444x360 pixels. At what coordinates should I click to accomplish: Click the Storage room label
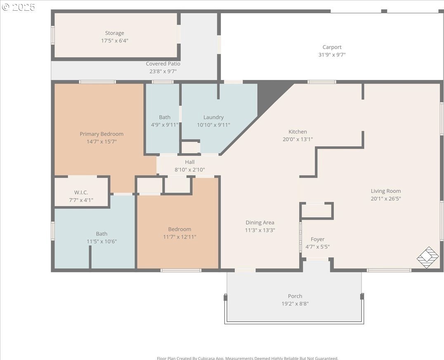click(114, 33)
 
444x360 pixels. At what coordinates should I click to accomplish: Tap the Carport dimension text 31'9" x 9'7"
click(332, 54)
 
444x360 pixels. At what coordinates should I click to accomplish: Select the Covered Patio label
click(163, 64)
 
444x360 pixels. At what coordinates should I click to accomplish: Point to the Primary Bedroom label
click(102, 134)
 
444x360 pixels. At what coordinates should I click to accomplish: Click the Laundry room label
click(213, 117)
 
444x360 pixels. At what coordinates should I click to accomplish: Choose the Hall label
click(190, 162)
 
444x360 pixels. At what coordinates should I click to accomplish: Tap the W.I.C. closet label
click(81, 193)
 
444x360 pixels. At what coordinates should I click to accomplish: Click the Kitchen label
click(298, 132)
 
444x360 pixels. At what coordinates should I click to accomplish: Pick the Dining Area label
click(260, 222)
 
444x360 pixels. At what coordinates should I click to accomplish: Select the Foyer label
click(317, 240)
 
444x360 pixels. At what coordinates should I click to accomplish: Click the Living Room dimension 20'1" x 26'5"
click(386, 198)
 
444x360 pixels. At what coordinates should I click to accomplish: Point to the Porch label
click(295, 296)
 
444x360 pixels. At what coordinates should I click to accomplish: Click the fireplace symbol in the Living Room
click(427, 257)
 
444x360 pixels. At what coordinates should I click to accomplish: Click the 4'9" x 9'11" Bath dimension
click(165, 125)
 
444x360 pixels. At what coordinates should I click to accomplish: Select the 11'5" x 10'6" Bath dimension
click(102, 241)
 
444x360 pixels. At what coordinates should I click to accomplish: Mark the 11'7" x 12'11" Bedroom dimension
click(179, 237)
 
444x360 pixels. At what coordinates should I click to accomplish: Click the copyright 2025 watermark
click(18, 7)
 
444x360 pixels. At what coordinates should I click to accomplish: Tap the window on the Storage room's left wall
click(53, 35)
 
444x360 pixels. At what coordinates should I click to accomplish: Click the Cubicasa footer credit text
click(248, 358)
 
